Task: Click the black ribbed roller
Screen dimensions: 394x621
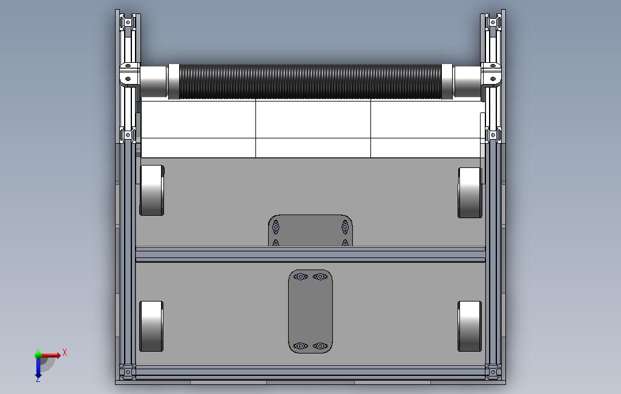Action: coord(310,81)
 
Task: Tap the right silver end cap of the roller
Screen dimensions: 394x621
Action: coord(467,82)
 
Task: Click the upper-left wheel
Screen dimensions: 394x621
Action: coord(152,190)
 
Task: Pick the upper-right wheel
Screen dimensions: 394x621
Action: coord(470,192)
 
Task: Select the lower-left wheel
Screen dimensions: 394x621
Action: coord(151,326)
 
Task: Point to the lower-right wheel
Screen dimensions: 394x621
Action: coord(470,326)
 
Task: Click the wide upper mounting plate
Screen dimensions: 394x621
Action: coord(310,230)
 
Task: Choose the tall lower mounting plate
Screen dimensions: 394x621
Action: coord(310,311)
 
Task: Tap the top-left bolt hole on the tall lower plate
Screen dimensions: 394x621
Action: coord(300,277)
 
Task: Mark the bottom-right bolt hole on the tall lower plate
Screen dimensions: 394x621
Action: coord(320,346)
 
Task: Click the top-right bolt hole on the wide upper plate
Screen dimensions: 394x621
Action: coord(345,227)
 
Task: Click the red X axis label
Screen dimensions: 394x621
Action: coord(65,352)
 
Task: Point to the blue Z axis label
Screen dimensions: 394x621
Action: coord(38,379)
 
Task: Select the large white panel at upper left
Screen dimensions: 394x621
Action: coord(198,119)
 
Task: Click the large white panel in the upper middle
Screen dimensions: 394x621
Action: coord(313,119)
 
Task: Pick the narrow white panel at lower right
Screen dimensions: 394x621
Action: coord(427,147)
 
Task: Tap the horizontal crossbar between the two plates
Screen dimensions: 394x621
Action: coord(310,254)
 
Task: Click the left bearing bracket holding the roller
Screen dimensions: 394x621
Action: coord(128,78)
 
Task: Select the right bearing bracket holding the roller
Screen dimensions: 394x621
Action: coord(492,78)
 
